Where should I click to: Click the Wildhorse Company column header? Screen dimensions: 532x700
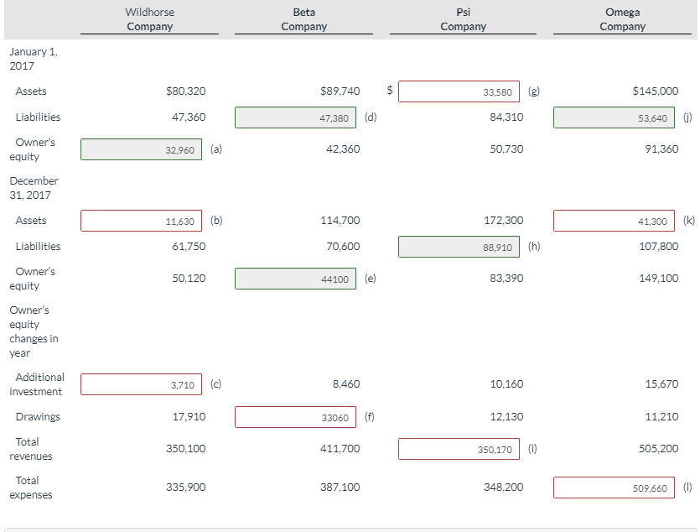click(x=150, y=19)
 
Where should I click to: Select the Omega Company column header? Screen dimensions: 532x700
click(x=622, y=19)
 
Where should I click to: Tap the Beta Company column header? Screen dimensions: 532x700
click(x=303, y=19)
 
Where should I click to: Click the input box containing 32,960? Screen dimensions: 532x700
click(x=141, y=149)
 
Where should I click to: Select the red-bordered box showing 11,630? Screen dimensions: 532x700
click(x=141, y=221)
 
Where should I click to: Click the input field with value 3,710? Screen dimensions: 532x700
click(x=141, y=384)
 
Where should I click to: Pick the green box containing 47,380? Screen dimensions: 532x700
click(x=295, y=117)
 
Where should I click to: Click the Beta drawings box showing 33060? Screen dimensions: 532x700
click(x=295, y=417)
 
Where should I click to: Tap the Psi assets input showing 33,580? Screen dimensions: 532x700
click(x=459, y=91)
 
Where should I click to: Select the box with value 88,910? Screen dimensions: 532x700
click(x=459, y=247)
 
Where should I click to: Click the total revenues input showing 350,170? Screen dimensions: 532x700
click(x=459, y=449)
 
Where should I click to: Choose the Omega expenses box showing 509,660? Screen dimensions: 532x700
click(x=614, y=487)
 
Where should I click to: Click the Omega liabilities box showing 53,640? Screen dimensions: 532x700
click(x=614, y=117)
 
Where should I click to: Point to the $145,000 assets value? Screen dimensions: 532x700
click(x=655, y=91)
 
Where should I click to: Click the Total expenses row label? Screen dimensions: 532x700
click(x=31, y=488)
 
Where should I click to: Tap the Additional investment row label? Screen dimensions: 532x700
click(x=38, y=384)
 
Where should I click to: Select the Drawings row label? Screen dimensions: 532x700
click(x=38, y=417)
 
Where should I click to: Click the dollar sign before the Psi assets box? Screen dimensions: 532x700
click(x=389, y=89)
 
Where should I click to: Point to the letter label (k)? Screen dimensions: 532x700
click(x=689, y=221)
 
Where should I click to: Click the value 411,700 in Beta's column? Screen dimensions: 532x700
click(x=340, y=449)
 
